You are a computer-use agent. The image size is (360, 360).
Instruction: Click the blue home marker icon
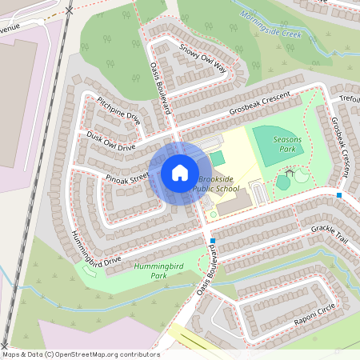click(179, 173)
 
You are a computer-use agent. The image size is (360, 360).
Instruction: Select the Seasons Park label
click(287, 144)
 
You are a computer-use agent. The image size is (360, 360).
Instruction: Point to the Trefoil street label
click(350, 99)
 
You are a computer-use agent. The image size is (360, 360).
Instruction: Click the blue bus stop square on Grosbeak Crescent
click(339, 195)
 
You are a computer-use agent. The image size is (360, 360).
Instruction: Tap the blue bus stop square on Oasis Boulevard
click(212, 240)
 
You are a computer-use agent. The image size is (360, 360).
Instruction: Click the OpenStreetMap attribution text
click(80, 354)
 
